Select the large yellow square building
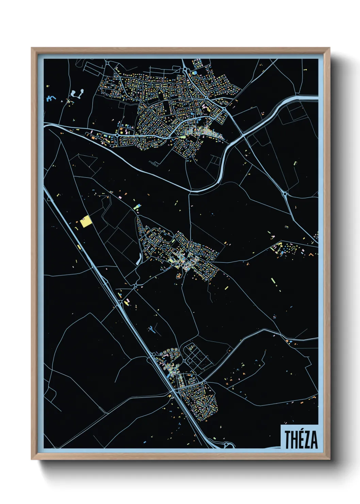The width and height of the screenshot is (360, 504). coord(86,222)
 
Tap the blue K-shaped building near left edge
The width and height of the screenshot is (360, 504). coord(50,98)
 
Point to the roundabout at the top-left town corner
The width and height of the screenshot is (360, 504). coord(107,63)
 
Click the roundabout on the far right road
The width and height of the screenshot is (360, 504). coord(285,194)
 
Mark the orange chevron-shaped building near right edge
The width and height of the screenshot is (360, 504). coord(311,254)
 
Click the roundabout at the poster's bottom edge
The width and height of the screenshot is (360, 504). coord(225,444)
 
